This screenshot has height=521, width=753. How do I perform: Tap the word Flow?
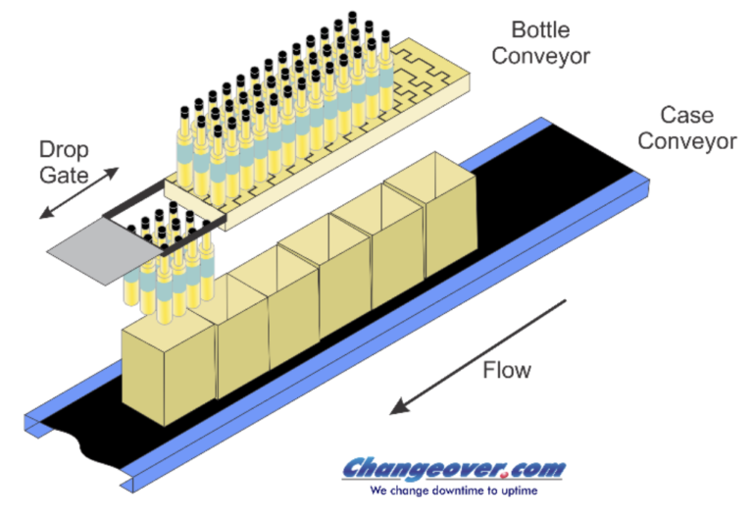click(506, 370)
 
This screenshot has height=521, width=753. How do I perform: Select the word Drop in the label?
click(62, 150)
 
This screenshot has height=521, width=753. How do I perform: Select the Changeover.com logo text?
click(453, 469)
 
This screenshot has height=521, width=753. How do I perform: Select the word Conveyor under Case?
click(687, 141)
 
